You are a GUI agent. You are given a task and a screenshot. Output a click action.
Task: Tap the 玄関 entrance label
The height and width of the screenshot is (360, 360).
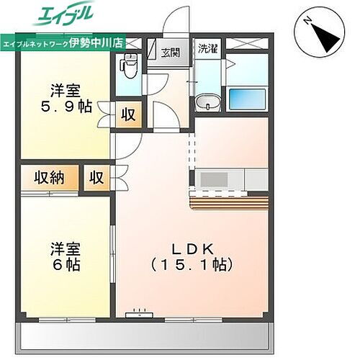(171, 52)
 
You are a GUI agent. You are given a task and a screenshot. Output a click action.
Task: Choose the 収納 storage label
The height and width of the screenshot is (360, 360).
(48, 178)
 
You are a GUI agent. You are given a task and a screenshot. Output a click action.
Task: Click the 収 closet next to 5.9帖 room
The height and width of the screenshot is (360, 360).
(127, 115)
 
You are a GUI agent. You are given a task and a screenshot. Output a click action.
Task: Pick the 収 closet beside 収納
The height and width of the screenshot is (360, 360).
(96, 178)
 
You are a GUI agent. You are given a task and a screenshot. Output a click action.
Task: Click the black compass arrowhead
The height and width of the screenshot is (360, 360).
(323, 34)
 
